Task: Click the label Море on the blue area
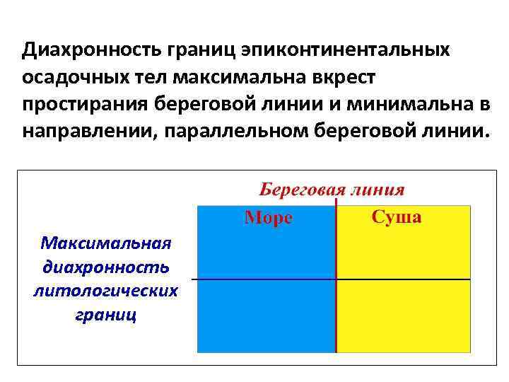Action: [269, 218]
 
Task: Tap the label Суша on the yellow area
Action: [397, 217]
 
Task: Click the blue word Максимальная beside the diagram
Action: [106, 244]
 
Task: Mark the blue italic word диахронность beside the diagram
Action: [106, 267]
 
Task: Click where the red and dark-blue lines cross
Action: [336, 279]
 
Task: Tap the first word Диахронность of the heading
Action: [91, 50]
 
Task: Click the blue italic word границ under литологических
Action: [105, 314]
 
